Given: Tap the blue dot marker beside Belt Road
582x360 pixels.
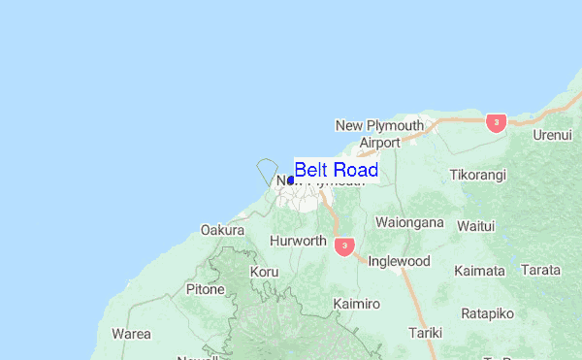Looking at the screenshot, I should tap(291, 180).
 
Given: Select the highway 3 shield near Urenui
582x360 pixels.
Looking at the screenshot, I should tap(497, 122).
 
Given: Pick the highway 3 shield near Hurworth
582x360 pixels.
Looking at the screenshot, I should tap(343, 246).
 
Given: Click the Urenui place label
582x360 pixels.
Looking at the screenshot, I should tap(552, 135).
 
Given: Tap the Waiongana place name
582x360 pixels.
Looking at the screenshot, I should tap(408, 221).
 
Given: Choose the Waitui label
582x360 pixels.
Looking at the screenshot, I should tap(475, 226).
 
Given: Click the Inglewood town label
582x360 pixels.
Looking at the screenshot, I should tap(399, 261).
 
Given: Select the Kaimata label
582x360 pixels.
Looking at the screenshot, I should tap(479, 271).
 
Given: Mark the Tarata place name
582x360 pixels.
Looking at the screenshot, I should tap(540, 270).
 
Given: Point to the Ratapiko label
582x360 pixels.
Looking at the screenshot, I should tap(487, 313).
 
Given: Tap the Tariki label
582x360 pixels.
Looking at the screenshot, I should tap(425, 333).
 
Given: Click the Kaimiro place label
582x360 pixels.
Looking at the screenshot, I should tap(355, 305).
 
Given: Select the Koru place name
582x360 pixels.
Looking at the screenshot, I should tap(264, 273).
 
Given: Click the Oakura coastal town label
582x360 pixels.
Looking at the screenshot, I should tap(222, 230).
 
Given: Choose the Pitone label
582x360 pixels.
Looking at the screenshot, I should tap(206, 289).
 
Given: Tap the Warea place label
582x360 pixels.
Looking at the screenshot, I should tap(131, 334).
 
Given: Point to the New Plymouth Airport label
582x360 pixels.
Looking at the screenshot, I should tap(379, 134).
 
